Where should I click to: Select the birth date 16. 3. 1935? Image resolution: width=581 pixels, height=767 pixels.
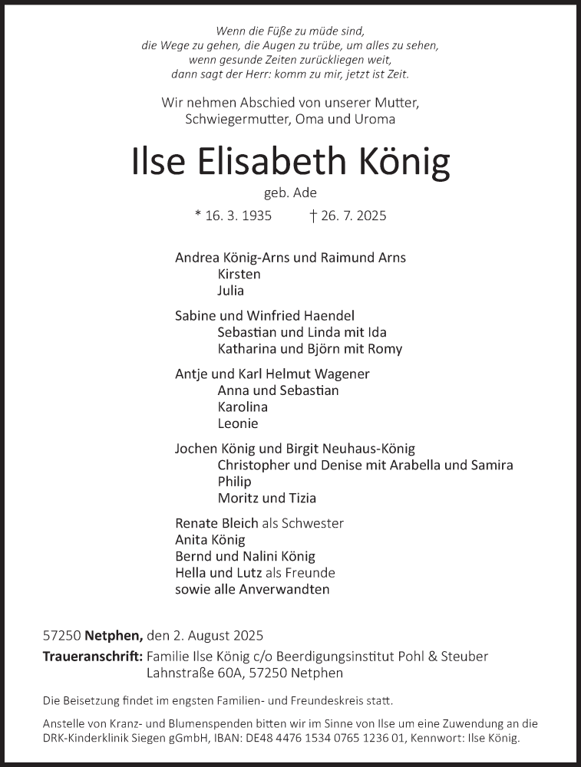point(239,216)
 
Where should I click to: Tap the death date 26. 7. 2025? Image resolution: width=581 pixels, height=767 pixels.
point(355,216)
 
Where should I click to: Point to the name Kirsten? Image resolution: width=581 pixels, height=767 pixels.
point(239,274)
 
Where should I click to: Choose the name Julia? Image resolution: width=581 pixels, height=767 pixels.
point(231,291)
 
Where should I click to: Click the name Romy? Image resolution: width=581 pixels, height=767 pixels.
point(386,349)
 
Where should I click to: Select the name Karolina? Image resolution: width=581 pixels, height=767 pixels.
point(243,407)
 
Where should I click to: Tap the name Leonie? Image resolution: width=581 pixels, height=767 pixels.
point(238,423)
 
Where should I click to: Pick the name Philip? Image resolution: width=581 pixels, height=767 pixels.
point(234,482)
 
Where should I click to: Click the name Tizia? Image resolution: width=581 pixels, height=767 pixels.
point(300,499)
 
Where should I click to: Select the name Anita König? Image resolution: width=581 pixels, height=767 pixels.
point(210,540)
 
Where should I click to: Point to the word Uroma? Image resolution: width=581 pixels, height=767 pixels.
point(376,119)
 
